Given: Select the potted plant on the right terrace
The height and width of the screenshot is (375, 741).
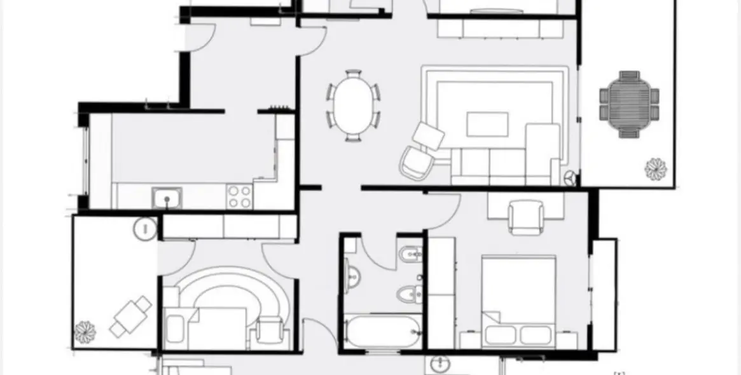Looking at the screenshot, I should tap(654, 168).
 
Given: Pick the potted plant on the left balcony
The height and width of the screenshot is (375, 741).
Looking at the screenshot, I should tap(85, 331).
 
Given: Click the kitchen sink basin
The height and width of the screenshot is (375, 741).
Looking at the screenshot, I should tap(167, 198).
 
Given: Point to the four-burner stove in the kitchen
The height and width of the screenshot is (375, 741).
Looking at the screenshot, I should tap(239, 196).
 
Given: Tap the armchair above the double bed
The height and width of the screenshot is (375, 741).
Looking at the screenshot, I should tap(526, 216).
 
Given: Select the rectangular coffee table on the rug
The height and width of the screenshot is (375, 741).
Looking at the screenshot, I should tap(487, 124).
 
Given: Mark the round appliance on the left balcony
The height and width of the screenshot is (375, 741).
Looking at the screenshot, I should tap(145, 227).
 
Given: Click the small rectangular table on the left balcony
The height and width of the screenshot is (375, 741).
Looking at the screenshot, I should tap(130, 316).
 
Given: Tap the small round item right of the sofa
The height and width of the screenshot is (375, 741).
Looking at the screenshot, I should tap(570, 178).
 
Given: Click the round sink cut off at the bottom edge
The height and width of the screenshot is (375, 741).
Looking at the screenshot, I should tap(440, 365).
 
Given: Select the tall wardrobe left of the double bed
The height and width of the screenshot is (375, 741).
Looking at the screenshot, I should tap(441, 292).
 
